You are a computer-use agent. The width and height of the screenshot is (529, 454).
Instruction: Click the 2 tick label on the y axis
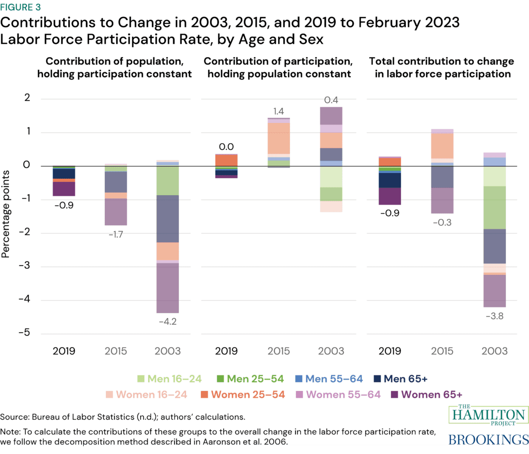coord(26,98)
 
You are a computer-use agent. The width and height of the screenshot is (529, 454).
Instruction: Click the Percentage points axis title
coord(6,215)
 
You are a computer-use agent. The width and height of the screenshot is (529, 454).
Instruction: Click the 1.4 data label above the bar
coord(278,111)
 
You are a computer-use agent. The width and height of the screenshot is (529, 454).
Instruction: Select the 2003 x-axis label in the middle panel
coord(330,351)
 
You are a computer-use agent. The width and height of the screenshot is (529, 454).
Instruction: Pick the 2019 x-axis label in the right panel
coord(390,351)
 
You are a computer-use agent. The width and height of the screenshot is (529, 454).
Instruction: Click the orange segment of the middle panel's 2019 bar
coord(226,160)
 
